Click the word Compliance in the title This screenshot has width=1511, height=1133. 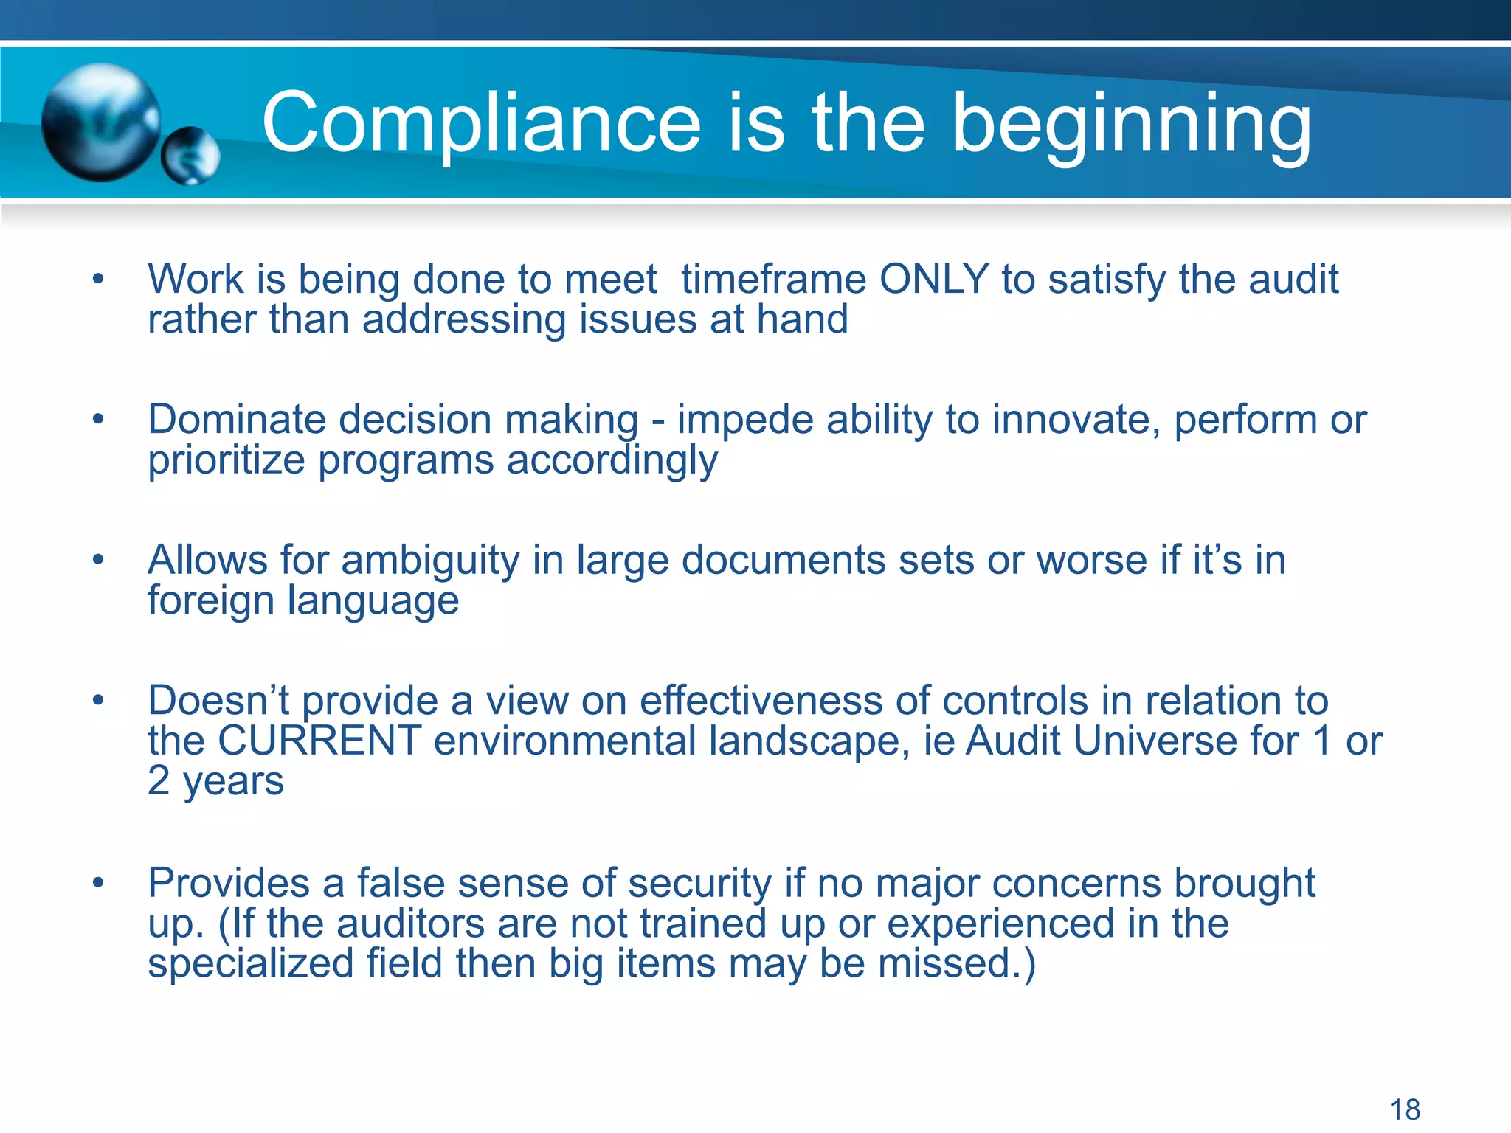481,124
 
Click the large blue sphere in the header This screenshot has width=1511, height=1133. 101,122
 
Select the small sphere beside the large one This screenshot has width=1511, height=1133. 190,156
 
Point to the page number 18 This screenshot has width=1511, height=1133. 1405,1109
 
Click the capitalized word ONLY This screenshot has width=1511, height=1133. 934,280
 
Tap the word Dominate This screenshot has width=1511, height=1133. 237,420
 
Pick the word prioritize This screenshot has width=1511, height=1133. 227,460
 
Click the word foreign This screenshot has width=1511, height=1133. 211,600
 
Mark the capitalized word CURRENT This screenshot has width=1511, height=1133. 319,741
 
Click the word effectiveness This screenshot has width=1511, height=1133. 761,701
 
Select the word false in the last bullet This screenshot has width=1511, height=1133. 401,883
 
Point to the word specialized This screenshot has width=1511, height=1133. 250,963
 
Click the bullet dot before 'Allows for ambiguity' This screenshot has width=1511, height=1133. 98,561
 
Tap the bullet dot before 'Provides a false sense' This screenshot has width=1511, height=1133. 98,883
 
